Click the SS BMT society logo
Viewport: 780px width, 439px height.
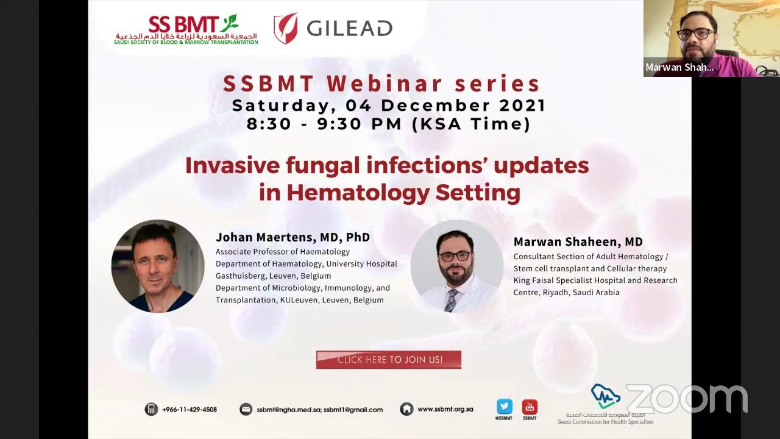coord(186,29)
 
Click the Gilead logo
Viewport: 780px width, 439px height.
coord(333,28)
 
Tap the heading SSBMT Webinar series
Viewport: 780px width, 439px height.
coord(381,84)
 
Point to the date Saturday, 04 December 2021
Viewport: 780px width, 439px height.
coord(389,105)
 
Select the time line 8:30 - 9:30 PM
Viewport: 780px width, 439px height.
coord(388,124)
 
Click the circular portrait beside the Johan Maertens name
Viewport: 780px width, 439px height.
coord(157,266)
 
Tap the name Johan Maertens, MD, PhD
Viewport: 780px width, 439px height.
coord(292,237)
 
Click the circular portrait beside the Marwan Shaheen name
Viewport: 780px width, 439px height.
coord(457,266)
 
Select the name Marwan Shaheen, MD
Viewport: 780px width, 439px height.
coord(578,242)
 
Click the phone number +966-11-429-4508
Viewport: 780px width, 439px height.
coord(190,410)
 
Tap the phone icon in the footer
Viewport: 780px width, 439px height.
coord(151,409)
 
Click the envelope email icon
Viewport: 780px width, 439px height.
coord(246,409)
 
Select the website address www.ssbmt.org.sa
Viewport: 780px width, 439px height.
coord(445,409)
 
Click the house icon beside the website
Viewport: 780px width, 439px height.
coord(406,409)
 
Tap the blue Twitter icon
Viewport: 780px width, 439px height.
coord(505,406)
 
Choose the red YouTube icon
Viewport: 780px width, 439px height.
coord(530,406)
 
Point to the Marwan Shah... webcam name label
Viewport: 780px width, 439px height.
coord(679,68)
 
